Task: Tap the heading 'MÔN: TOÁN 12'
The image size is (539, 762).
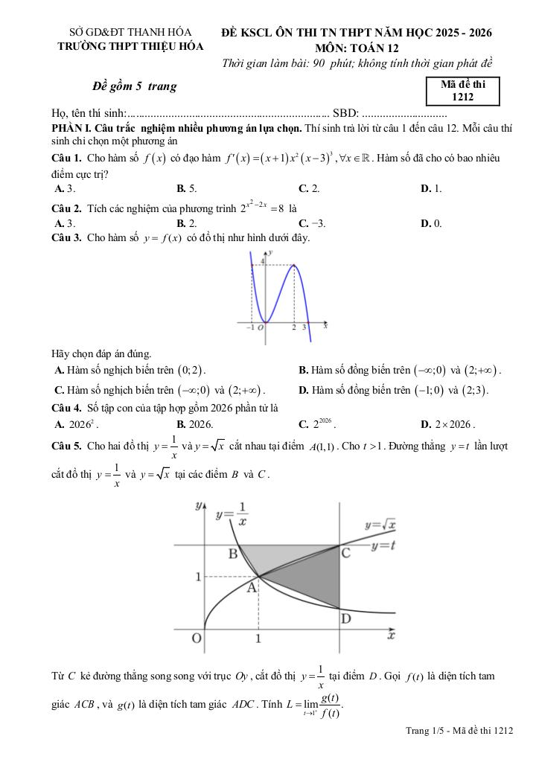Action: [357, 47]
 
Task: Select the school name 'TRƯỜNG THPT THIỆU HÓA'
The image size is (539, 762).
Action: [131, 46]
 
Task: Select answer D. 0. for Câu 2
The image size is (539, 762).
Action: [431, 222]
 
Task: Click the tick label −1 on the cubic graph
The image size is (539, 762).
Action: [250, 328]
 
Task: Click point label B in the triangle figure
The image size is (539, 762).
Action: [232, 554]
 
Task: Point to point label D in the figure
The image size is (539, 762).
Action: [345, 619]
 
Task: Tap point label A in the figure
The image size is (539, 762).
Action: [251, 588]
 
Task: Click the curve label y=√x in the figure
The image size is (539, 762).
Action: [379, 525]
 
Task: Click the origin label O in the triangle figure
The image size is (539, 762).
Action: [197, 638]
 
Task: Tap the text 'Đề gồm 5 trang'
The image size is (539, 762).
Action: [135, 86]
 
